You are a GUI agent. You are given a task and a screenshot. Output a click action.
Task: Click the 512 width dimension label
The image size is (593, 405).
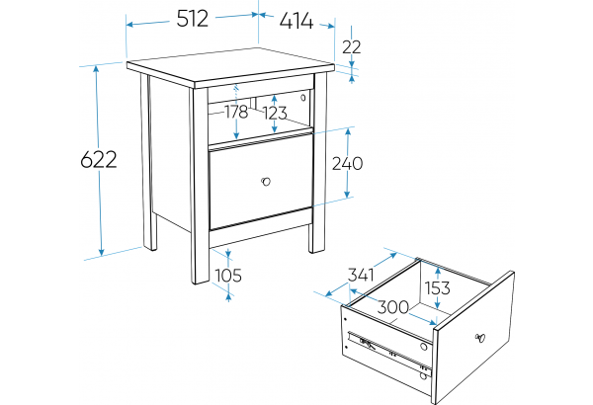point(192,19)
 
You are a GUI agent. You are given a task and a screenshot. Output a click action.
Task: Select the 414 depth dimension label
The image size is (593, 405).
point(296,21)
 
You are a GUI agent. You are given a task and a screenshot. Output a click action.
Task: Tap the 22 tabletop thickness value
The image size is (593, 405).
point(351,47)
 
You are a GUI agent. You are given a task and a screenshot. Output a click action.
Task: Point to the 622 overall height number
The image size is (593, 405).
point(99,160)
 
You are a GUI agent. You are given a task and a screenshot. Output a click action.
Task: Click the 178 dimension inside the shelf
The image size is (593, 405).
point(236,112)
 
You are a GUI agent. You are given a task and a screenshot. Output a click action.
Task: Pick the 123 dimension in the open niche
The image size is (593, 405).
point(275,113)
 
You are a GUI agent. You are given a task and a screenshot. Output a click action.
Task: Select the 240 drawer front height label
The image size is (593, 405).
point(347,163)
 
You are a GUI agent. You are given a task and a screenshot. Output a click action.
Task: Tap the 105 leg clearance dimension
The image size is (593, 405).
point(228,276)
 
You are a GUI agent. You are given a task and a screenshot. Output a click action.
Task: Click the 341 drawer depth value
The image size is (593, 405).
point(361,275)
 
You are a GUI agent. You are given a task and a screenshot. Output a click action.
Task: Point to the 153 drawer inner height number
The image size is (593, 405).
point(438,288)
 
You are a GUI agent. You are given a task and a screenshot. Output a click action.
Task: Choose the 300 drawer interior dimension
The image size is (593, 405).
point(393,307)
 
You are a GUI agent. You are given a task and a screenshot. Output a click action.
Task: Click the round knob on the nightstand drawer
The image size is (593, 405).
point(266,182)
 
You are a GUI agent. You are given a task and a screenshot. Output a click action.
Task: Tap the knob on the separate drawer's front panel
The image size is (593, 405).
point(480,338)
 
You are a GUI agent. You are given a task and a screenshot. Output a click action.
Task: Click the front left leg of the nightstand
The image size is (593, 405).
point(201,186)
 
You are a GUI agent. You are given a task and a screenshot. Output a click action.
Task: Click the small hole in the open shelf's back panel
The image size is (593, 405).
point(303,98)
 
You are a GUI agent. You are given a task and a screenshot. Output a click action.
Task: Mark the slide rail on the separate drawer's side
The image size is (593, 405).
point(389,352)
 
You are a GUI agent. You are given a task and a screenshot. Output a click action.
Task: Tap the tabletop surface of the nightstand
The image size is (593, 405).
point(230,65)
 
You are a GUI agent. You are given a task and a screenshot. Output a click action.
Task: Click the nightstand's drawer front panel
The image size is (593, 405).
point(261,182)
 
